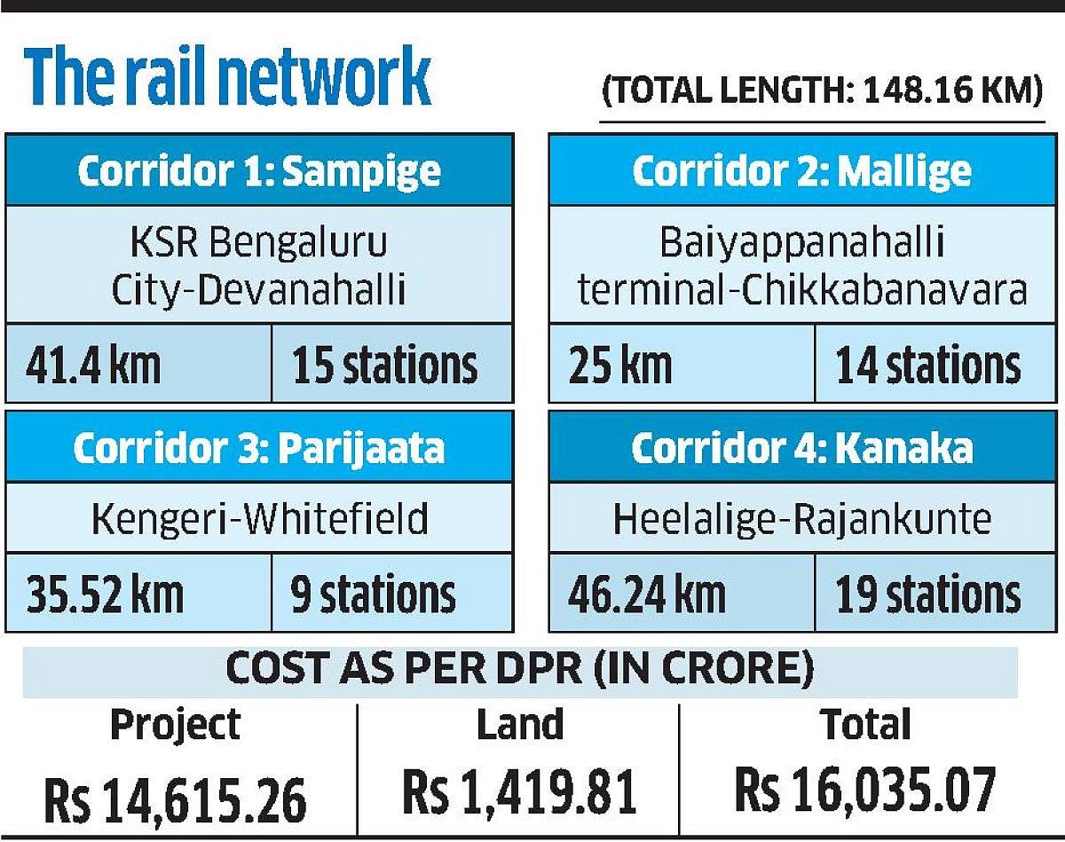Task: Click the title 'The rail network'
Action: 227,78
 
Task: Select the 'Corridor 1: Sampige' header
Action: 258,171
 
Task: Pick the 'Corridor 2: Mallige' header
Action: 801,171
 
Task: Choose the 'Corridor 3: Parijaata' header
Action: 258,448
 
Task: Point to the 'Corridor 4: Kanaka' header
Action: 801,448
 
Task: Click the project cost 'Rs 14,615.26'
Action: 175,796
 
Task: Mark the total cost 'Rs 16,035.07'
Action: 865,790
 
